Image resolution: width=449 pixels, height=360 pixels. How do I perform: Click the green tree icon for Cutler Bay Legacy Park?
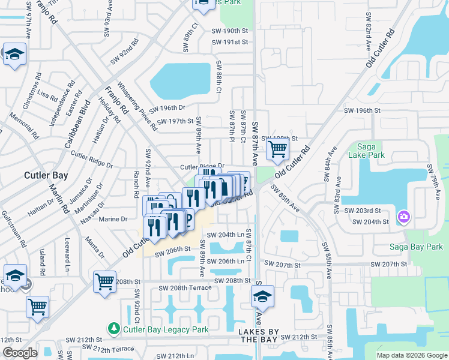(x=113, y=329)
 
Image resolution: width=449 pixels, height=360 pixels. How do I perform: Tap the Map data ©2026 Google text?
(x=411, y=355)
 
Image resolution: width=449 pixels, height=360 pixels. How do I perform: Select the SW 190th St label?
(x=229, y=31)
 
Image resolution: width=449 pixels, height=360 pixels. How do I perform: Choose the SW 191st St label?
(x=229, y=42)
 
